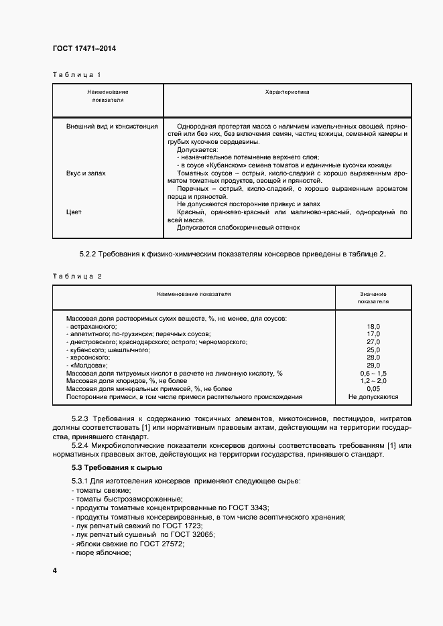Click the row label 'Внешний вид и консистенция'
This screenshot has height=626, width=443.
(x=112, y=126)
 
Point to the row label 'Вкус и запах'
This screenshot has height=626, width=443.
(x=86, y=173)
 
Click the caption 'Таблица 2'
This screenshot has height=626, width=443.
(x=76, y=276)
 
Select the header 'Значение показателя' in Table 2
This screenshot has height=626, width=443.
(x=373, y=297)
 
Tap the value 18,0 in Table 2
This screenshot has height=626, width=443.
(x=373, y=325)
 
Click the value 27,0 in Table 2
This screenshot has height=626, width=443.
(x=373, y=341)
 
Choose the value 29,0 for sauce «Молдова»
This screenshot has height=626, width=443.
(x=373, y=365)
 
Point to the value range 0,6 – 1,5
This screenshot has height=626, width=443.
(x=373, y=373)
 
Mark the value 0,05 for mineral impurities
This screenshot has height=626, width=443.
(x=373, y=388)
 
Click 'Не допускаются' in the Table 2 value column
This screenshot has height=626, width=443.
(x=373, y=396)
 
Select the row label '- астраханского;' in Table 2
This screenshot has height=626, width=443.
(x=92, y=325)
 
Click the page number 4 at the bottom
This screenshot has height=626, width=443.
(x=55, y=570)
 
